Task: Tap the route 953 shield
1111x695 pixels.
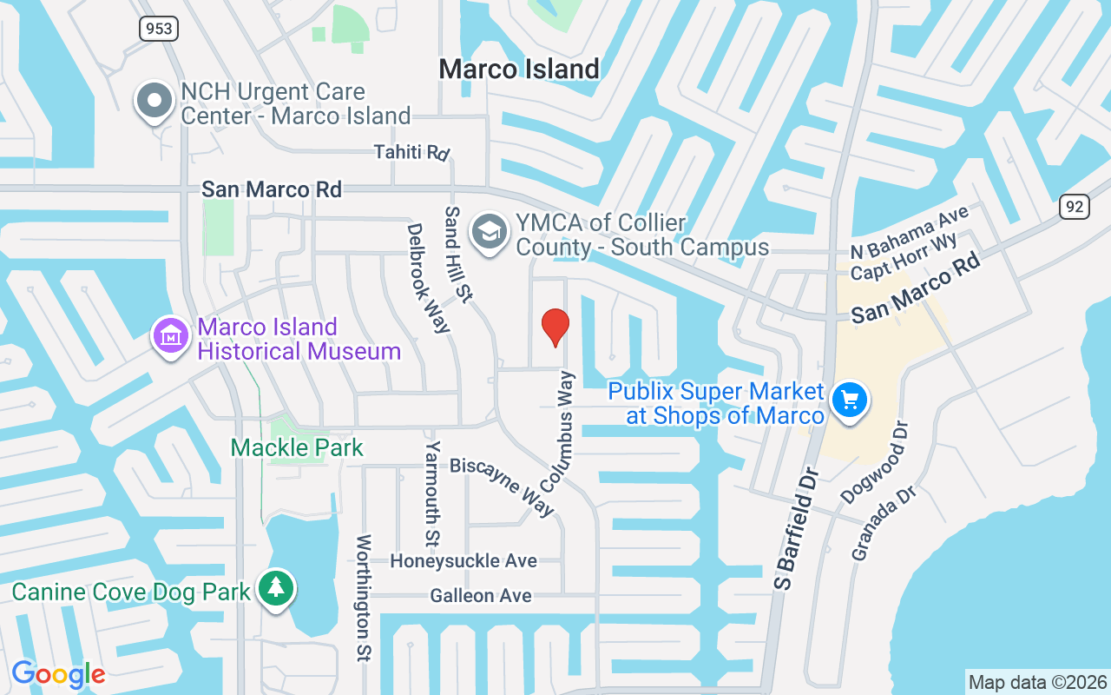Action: [159, 29]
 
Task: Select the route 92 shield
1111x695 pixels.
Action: [1074, 206]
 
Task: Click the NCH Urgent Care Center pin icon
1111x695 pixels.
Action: [154, 101]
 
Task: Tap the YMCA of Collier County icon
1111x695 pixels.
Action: [490, 231]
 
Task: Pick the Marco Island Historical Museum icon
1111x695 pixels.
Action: [171, 334]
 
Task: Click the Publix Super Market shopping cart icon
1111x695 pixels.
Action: [848, 400]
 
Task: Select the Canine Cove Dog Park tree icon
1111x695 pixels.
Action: [276, 589]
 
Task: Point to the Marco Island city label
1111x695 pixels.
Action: [519, 69]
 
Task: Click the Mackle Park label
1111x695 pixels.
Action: [297, 448]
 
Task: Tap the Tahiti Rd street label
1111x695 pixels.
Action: [412, 152]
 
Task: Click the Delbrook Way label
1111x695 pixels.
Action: [428, 278]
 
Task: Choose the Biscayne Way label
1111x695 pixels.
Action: [503, 486]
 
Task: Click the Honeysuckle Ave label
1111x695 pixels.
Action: [463, 561]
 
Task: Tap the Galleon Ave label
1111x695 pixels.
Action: [481, 596]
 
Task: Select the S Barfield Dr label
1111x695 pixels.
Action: [797, 529]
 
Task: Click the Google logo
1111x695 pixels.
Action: [58, 674]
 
